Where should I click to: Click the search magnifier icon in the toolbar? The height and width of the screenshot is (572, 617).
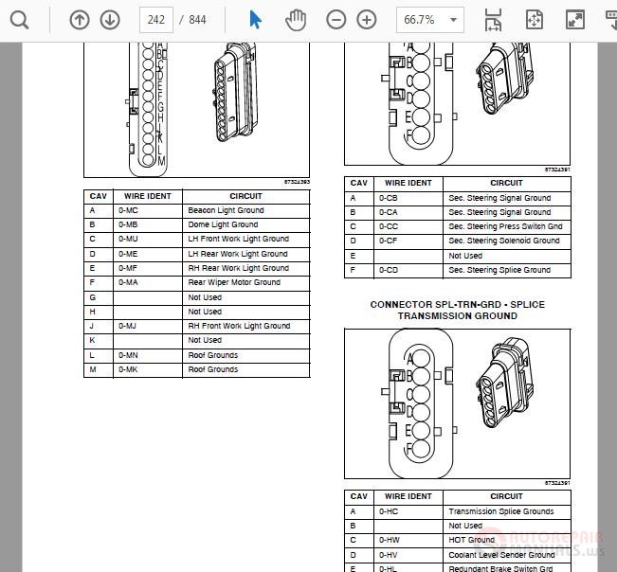pyautogui.click(x=19, y=19)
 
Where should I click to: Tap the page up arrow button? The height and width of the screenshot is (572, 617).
pyautogui.click(x=80, y=19)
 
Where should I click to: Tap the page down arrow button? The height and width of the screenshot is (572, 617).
pyautogui.click(x=110, y=19)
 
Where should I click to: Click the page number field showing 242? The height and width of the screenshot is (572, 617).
pyautogui.click(x=155, y=19)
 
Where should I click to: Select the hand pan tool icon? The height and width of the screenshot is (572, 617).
pyautogui.click(x=297, y=19)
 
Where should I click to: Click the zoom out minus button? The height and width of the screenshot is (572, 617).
pyautogui.click(x=336, y=19)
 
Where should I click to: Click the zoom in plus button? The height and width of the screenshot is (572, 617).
pyautogui.click(x=367, y=19)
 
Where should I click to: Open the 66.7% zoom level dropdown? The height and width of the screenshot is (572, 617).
pyautogui.click(x=429, y=19)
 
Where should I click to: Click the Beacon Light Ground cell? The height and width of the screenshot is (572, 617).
pyautogui.click(x=226, y=210)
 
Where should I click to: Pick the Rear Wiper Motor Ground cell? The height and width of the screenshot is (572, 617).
pyautogui.click(x=234, y=282)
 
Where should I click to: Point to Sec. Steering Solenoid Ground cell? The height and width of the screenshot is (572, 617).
pyautogui.click(x=504, y=241)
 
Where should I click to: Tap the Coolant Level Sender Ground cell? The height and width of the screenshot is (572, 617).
pyautogui.click(x=501, y=555)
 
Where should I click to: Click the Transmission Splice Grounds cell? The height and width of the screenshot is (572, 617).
pyautogui.click(x=500, y=511)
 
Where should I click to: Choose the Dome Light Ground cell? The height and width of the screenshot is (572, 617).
pyautogui.click(x=223, y=224)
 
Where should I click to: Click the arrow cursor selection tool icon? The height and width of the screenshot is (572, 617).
pyautogui.click(x=255, y=19)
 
